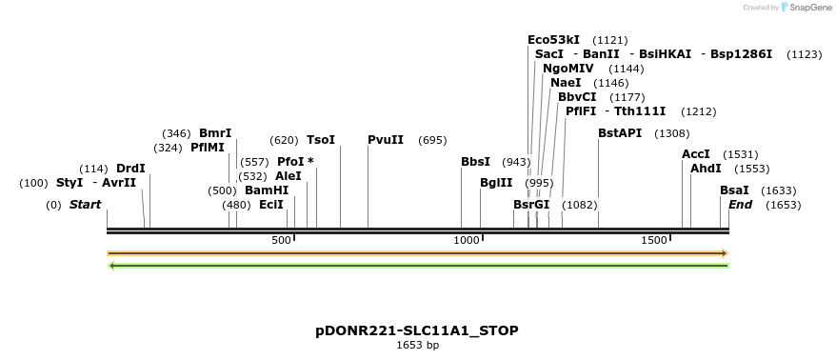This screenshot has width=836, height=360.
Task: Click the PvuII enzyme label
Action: (x=386, y=140)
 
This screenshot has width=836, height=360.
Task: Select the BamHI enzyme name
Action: (x=267, y=190)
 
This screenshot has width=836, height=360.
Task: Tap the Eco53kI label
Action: (x=553, y=40)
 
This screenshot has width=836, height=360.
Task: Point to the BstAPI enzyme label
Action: (x=620, y=133)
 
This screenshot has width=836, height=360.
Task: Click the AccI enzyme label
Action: (x=696, y=154)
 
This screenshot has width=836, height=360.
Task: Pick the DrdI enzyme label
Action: (x=130, y=169)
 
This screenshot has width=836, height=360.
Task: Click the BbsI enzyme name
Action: (x=475, y=162)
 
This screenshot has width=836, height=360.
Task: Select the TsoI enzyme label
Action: (x=321, y=140)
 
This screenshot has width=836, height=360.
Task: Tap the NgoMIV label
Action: (x=568, y=69)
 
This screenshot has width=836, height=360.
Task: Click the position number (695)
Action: (x=432, y=140)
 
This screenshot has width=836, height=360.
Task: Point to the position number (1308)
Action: (x=672, y=133)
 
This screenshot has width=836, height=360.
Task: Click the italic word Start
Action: (x=85, y=205)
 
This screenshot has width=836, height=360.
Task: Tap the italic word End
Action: (x=740, y=205)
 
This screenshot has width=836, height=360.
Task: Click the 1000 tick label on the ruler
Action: (x=467, y=240)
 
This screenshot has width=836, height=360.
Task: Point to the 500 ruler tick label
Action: (x=281, y=240)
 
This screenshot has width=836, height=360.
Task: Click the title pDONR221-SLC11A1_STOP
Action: (x=417, y=330)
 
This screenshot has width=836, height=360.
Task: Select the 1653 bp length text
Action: (x=417, y=345)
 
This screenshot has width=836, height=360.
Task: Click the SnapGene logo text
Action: (x=809, y=8)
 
